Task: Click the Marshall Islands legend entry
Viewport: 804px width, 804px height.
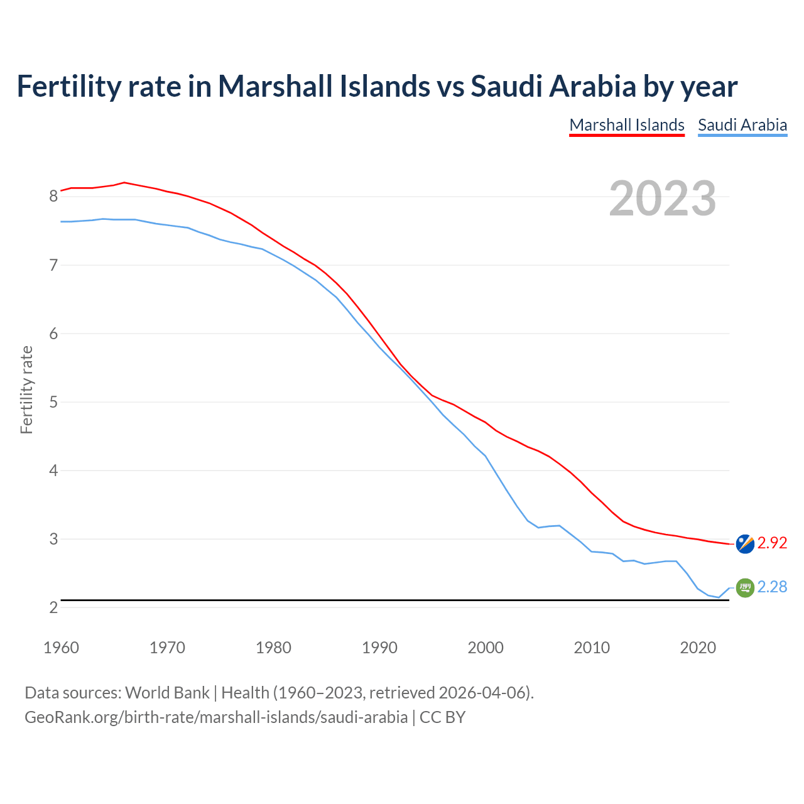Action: pos(626,125)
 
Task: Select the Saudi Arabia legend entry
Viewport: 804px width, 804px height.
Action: pos(742,125)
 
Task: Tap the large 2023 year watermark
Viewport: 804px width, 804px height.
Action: pos(662,198)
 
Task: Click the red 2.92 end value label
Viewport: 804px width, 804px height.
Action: pos(772,543)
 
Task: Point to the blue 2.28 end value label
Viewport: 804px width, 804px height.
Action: pos(772,587)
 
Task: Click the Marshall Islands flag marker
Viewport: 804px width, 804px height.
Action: pos(745,543)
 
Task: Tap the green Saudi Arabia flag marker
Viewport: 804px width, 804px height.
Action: pos(745,587)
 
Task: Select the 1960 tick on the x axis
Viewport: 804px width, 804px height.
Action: pos(61,648)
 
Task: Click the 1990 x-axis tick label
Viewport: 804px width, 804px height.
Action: pos(379,648)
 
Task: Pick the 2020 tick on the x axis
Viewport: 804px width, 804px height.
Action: pos(698,648)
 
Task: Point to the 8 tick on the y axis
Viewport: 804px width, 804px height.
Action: pos(53,197)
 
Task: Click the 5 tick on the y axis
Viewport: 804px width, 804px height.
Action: pos(53,402)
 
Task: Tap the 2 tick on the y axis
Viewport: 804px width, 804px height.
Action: pos(53,607)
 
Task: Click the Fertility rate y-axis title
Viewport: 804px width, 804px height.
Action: pos(26,389)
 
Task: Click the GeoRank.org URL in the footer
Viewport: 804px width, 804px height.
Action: pos(216,717)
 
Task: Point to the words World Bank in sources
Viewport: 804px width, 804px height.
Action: pos(167,693)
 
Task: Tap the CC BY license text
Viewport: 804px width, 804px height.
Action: pos(442,717)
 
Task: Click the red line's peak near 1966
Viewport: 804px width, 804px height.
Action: pos(124,182)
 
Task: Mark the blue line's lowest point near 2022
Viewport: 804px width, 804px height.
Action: pos(719,597)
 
